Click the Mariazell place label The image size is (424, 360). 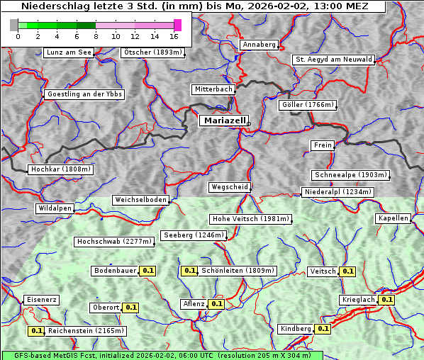223,120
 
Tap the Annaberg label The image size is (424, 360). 259,45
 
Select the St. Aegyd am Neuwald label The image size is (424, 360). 333,60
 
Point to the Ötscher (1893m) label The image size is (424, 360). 152,52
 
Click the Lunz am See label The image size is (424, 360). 68,52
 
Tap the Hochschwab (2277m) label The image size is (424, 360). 114,242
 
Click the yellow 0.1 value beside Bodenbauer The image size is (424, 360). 148,271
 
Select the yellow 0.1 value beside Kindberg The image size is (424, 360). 323,329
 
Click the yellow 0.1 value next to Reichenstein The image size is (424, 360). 36,331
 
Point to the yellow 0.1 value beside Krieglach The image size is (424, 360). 386,300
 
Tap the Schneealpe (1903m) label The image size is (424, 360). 350,175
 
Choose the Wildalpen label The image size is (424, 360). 55,208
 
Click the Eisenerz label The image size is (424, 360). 41,300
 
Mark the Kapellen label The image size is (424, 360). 393,218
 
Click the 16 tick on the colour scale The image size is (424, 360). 174,36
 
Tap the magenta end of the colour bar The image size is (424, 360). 177,25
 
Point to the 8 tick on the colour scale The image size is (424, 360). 96,36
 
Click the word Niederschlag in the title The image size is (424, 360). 55,6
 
